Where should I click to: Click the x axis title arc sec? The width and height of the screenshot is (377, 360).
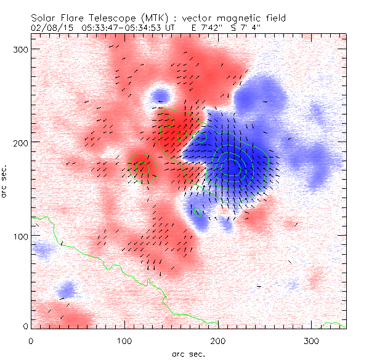pyautogui.click(x=188, y=353)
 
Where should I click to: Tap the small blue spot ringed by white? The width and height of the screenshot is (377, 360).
pyautogui.click(x=160, y=95)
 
